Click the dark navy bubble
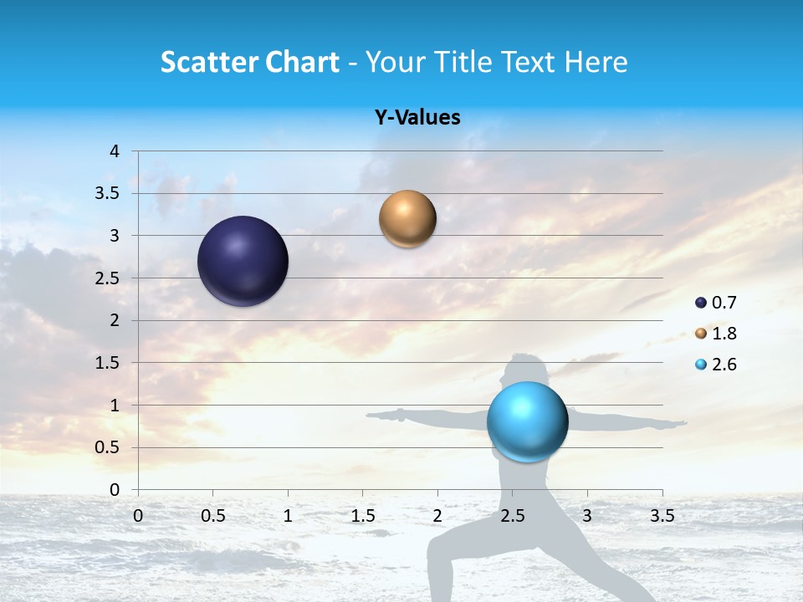pyautogui.click(x=243, y=261)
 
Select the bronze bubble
pyautogui.click(x=407, y=219)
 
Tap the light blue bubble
pyautogui.click(x=527, y=421)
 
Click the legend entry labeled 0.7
pyautogui.click(x=716, y=303)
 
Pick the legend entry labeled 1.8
pyautogui.click(x=716, y=334)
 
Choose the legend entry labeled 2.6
pyautogui.click(x=716, y=365)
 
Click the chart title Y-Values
pyautogui.click(x=417, y=118)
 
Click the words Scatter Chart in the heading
pyautogui.click(x=249, y=62)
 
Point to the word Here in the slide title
pyautogui.click(x=595, y=62)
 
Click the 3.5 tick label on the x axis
pyautogui.click(x=662, y=516)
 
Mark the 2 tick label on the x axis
pyautogui.click(x=437, y=516)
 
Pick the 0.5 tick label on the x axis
pyautogui.click(x=212, y=516)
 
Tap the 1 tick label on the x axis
pyautogui.click(x=288, y=516)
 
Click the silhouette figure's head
pyautogui.click(x=525, y=368)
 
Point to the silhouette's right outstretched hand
pyautogui.click(x=679, y=424)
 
